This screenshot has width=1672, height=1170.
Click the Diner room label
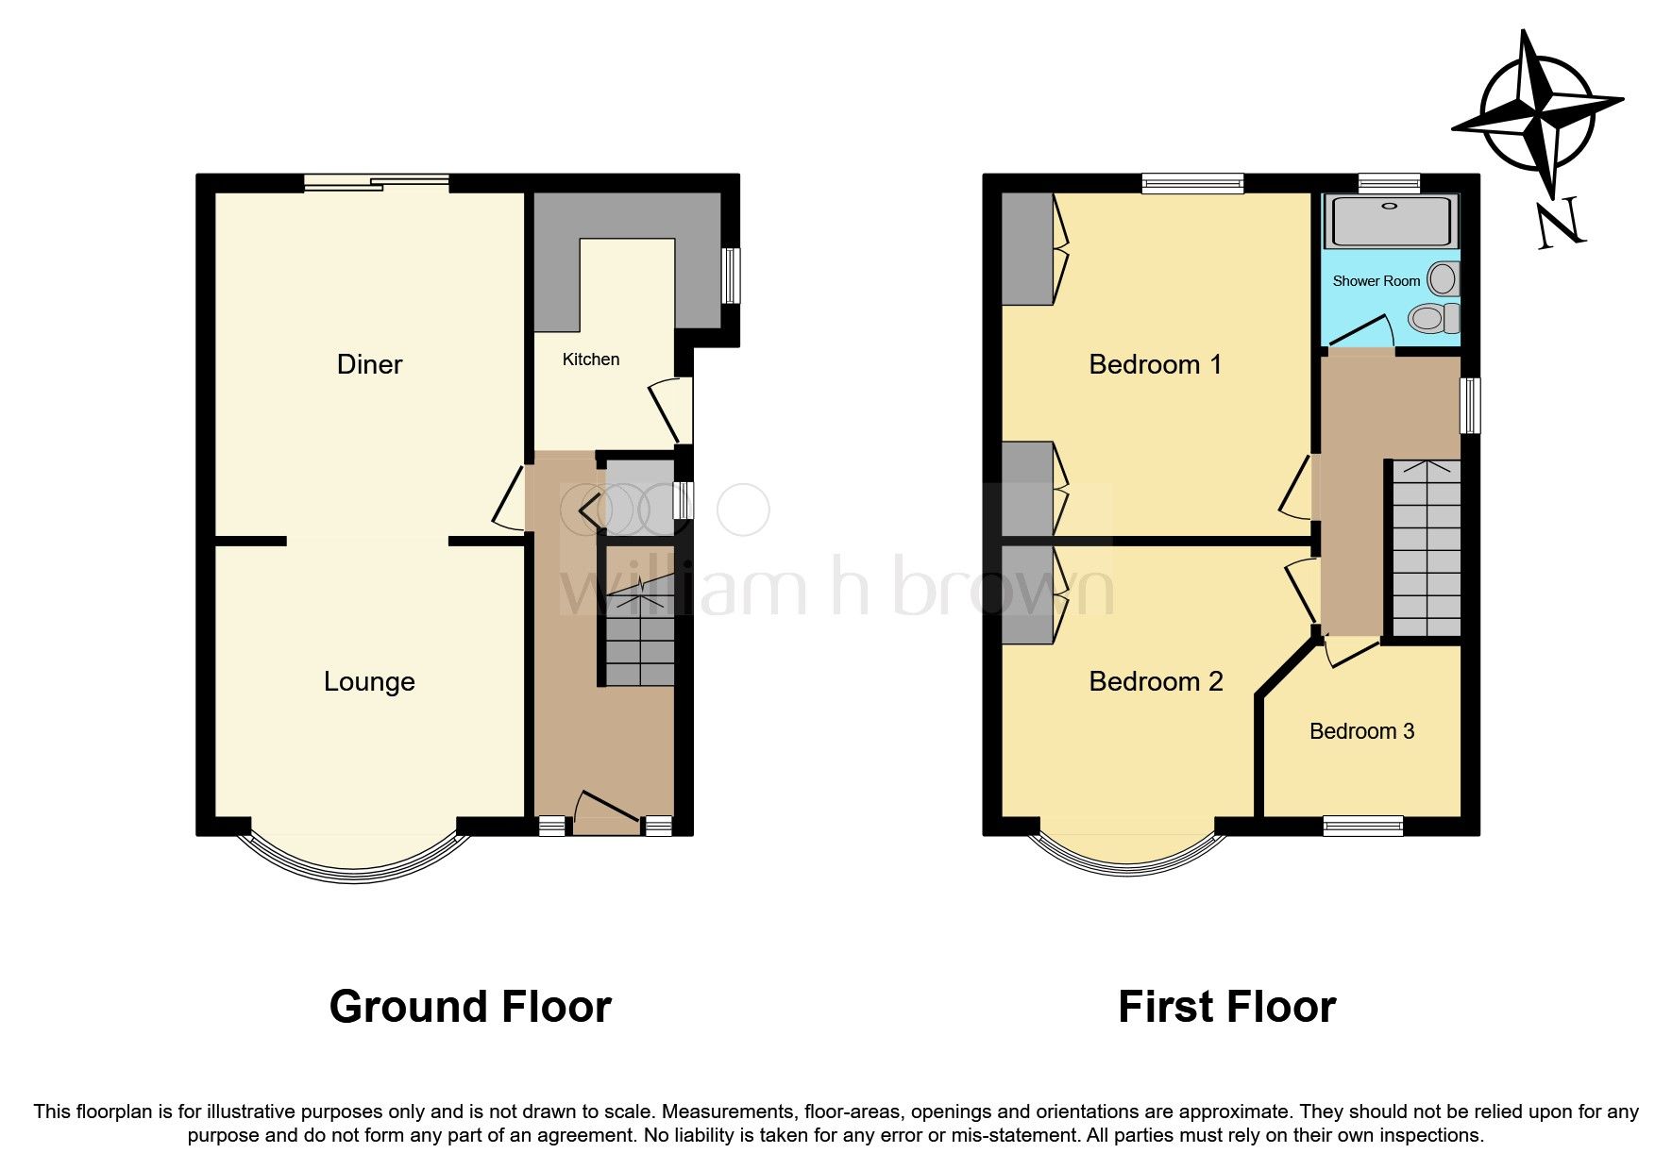(x=369, y=364)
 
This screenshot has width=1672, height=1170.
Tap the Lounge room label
(x=369, y=681)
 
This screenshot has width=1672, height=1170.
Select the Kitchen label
(x=591, y=359)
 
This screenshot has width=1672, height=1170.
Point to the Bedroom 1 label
(x=1155, y=364)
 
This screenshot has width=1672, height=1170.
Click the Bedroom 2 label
(x=1156, y=681)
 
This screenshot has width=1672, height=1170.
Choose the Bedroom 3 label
(x=1361, y=731)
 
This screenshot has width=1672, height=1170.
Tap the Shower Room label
(x=1376, y=281)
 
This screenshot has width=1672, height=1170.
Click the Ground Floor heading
(x=470, y=1007)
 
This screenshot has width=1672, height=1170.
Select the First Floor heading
(x=1226, y=1007)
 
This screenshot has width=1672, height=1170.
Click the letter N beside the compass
(x=1559, y=226)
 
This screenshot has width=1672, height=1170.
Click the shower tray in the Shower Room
(x=1390, y=222)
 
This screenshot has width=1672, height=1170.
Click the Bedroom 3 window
(x=1362, y=827)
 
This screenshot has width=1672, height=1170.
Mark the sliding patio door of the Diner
(x=377, y=183)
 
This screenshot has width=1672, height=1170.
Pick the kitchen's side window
(x=731, y=276)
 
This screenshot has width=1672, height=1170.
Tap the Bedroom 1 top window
(x=1192, y=183)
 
